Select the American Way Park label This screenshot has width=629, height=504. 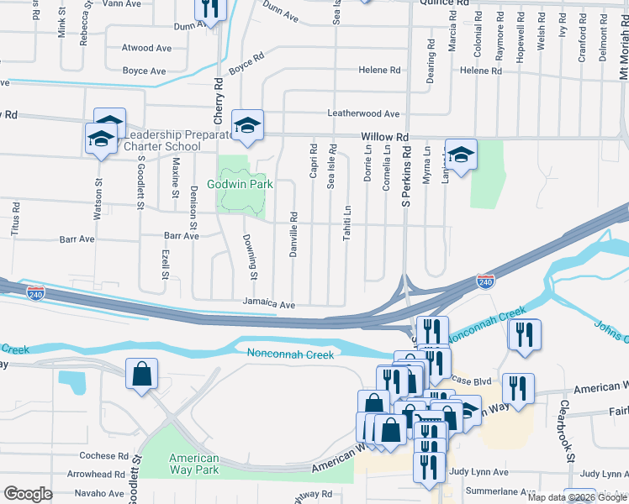pos(194,464)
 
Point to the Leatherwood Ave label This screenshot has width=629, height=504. pos(363,113)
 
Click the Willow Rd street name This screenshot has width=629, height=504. pos(384,137)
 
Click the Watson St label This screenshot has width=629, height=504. pos(98,198)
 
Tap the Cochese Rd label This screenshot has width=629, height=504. pos(103,456)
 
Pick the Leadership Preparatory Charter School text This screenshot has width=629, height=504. pos(177,139)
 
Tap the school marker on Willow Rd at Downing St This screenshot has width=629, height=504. pos(248,125)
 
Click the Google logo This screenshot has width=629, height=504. pos(28,494)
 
